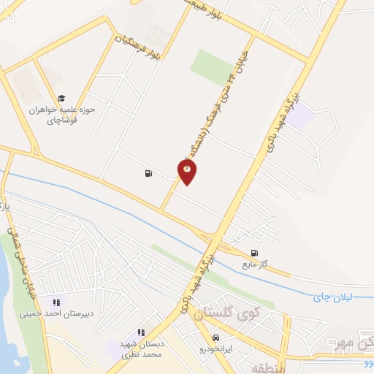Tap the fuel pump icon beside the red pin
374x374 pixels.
pyautogui.click(x=149, y=174)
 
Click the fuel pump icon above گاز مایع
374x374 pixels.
pyautogui.click(x=253, y=248)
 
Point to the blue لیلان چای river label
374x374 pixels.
pyautogui.click(x=332, y=297)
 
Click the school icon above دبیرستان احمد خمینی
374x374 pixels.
pyautogui.click(x=56, y=302)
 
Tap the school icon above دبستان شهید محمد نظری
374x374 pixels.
pyautogui.click(x=141, y=332)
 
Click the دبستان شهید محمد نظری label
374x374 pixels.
pyautogui.click(x=141, y=348)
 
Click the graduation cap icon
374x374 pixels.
pyautogui.click(x=62, y=98)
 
